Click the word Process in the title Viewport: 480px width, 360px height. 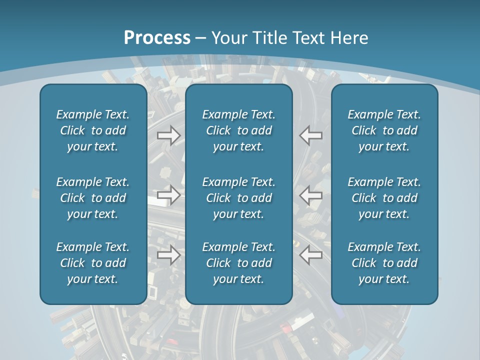[157, 37]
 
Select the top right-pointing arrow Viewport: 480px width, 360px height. [169, 135]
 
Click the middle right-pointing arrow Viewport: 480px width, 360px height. [169, 194]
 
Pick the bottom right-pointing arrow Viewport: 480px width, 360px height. [169, 255]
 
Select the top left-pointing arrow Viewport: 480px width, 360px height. [310, 135]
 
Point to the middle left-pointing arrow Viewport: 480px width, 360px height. [310, 194]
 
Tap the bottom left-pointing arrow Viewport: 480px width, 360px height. [310, 255]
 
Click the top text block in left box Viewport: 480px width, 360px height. [93, 130]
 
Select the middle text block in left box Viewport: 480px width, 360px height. [93, 198]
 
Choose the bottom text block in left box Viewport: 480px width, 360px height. [93, 263]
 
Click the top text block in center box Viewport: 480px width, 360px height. [238, 130]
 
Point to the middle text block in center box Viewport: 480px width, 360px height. [238, 198]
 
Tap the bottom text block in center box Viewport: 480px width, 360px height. [238, 263]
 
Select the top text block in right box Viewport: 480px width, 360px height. [384, 130]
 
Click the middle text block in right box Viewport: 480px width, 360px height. [384, 198]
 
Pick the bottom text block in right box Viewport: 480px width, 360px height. [384, 263]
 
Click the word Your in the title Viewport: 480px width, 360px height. [228, 37]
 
